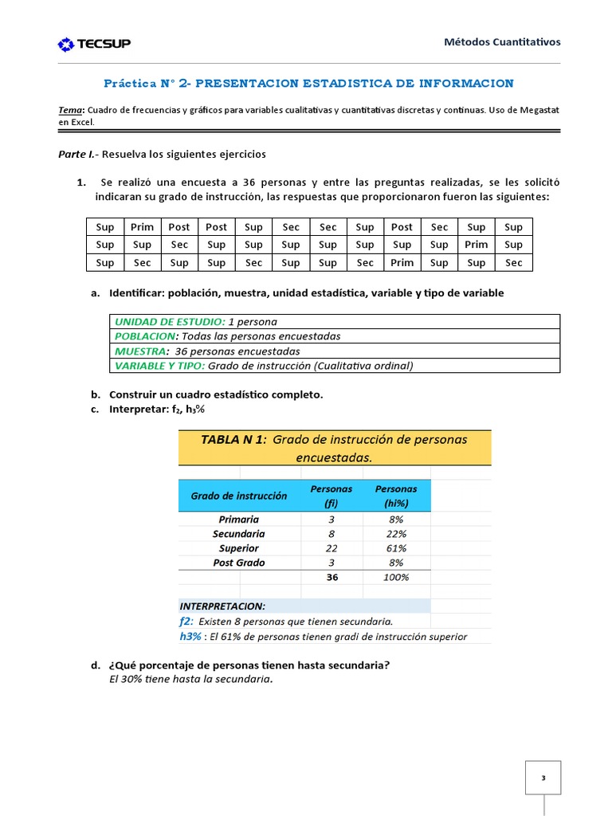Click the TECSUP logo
click(94, 45)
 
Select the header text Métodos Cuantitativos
click(501, 42)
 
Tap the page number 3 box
click(543, 777)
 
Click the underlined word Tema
click(72, 110)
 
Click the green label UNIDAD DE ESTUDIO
click(170, 322)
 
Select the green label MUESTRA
click(141, 351)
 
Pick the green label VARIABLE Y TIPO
click(159, 366)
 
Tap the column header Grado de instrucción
click(238, 496)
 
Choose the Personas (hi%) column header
click(396, 496)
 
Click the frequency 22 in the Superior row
click(332, 548)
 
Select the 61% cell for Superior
click(396, 548)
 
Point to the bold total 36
click(332, 577)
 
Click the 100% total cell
click(396, 577)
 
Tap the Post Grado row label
click(239, 563)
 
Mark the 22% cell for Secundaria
click(396, 534)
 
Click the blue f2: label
click(186, 622)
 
